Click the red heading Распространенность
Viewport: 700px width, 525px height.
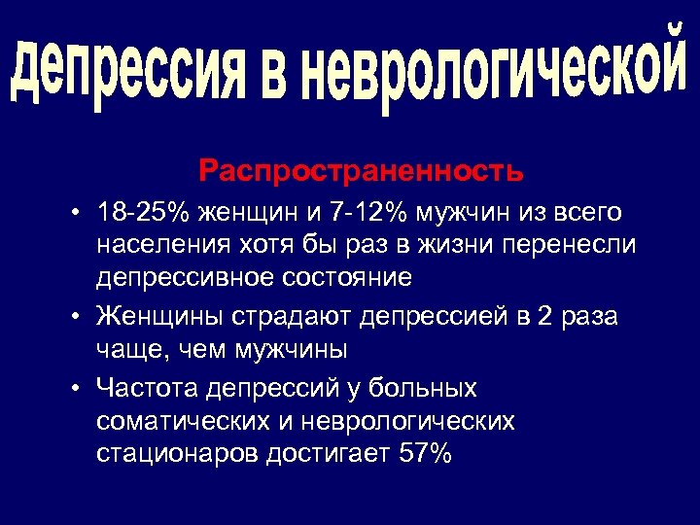click(x=361, y=172)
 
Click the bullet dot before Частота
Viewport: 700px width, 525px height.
click(x=77, y=389)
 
